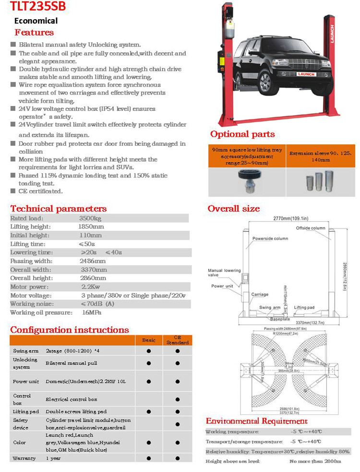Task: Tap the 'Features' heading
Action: (34, 33)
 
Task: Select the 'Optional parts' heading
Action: (242, 134)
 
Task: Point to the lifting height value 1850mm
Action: (91, 227)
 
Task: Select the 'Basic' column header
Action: (149, 340)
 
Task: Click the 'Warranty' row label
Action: (24, 458)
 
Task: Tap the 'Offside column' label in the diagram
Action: (310, 228)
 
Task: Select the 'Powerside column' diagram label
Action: (270, 238)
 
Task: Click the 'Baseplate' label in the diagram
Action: (279, 319)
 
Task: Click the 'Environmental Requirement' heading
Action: (256, 421)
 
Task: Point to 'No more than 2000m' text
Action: (315, 461)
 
